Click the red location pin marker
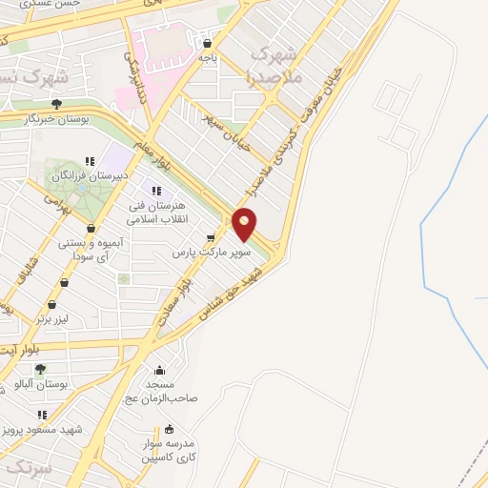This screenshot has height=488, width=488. pyautogui.click(x=245, y=225)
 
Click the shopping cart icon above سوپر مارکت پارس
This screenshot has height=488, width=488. pyautogui.click(x=210, y=238)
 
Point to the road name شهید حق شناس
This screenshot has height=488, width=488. pyautogui.click(x=234, y=286)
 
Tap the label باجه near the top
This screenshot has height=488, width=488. pyautogui.click(x=209, y=57)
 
